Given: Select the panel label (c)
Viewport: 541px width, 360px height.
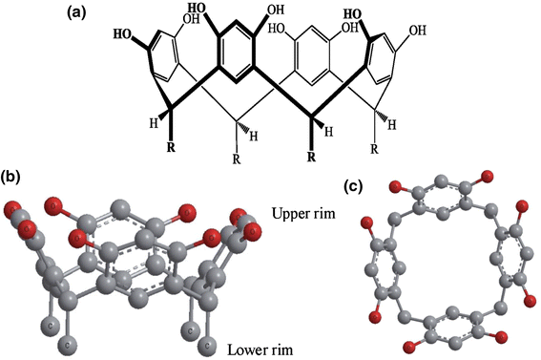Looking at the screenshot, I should (x=352, y=186).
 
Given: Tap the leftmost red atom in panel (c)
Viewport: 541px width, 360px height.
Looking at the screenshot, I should (x=364, y=222).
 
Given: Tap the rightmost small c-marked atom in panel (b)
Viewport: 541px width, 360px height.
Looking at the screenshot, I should (x=211, y=326).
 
